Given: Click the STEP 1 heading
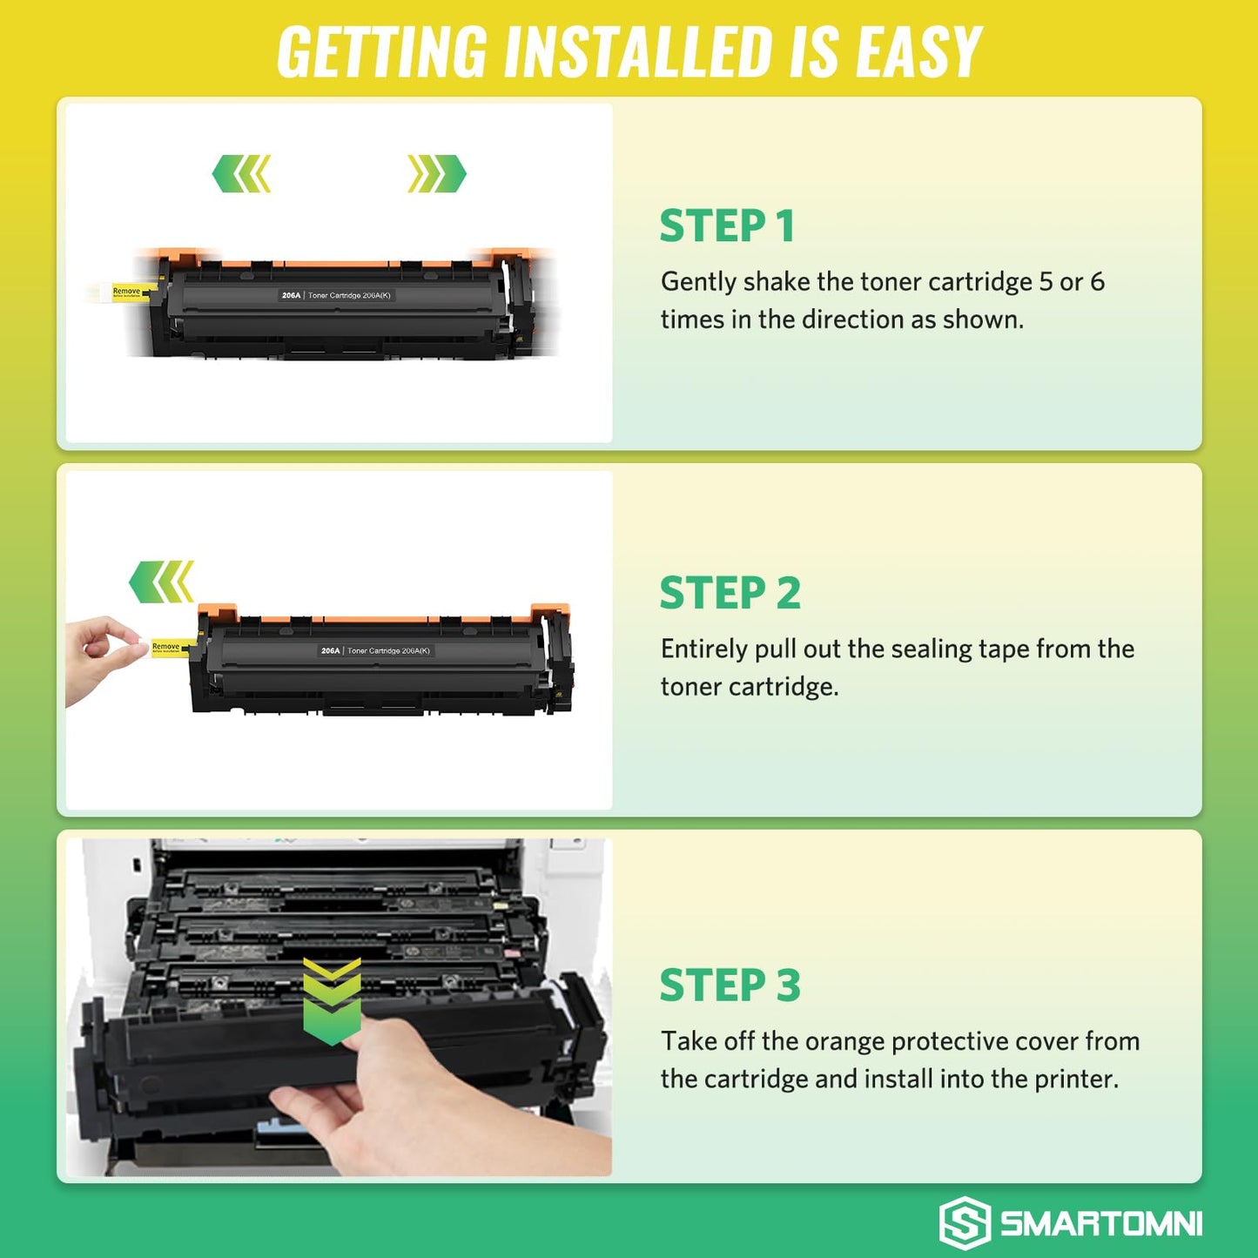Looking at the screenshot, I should click(x=727, y=226).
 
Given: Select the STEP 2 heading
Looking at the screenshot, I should click(x=730, y=594).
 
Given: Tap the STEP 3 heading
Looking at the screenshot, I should click(x=730, y=986).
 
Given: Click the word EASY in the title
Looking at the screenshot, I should click(x=918, y=52).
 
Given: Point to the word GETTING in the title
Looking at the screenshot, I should click(x=381, y=52).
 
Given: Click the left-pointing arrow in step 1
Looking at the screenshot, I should click(x=242, y=174).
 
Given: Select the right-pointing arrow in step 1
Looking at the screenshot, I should click(x=436, y=174).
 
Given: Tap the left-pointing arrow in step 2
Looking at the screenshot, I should click(x=161, y=582).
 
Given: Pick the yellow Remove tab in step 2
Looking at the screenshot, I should click(x=167, y=647).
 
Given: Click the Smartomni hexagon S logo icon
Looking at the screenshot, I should click(x=964, y=1222).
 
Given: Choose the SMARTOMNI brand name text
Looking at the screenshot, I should click(x=1101, y=1223).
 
